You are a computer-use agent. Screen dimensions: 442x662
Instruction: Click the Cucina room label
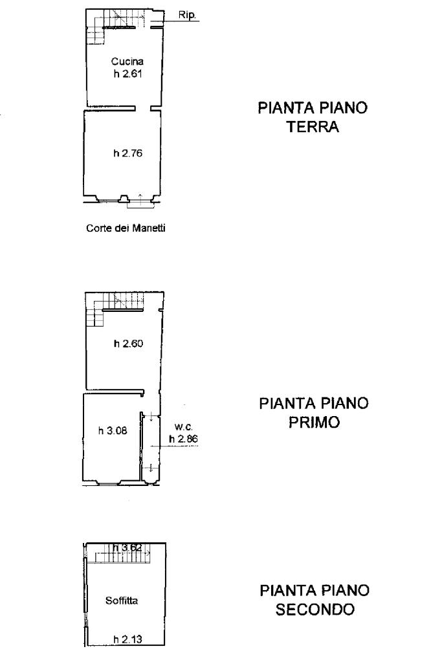click(x=127, y=61)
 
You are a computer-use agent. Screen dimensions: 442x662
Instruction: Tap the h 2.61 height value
click(x=127, y=74)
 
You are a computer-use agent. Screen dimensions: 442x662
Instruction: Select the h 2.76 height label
click(x=127, y=153)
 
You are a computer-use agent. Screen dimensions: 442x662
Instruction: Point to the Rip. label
click(x=187, y=15)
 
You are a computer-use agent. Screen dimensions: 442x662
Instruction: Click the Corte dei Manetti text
click(x=126, y=228)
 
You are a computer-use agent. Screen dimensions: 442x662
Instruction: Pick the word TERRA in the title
click(x=313, y=127)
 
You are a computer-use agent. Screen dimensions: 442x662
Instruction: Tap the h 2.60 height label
click(x=128, y=344)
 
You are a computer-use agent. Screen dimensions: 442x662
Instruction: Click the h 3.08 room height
click(x=113, y=430)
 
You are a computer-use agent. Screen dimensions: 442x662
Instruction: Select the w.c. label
click(x=184, y=427)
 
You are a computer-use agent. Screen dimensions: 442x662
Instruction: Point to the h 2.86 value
click(x=183, y=439)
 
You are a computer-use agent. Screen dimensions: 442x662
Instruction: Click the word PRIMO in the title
click(x=314, y=422)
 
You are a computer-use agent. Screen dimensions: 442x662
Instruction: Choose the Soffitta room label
click(x=122, y=601)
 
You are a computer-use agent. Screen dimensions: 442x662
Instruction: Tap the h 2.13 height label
click(x=127, y=639)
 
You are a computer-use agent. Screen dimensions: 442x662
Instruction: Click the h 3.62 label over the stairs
click(x=127, y=548)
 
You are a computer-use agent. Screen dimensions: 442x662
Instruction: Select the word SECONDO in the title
click(x=315, y=610)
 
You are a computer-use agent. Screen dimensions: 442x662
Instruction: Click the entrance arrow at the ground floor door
click(x=140, y=198)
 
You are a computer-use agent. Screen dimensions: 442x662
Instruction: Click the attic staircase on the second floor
click(x=122, y=554)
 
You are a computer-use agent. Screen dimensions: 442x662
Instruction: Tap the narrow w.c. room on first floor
click(x=151, y=448)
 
